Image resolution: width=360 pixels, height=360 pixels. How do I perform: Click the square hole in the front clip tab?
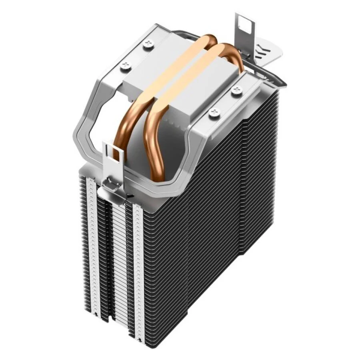tap(116, 152)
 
